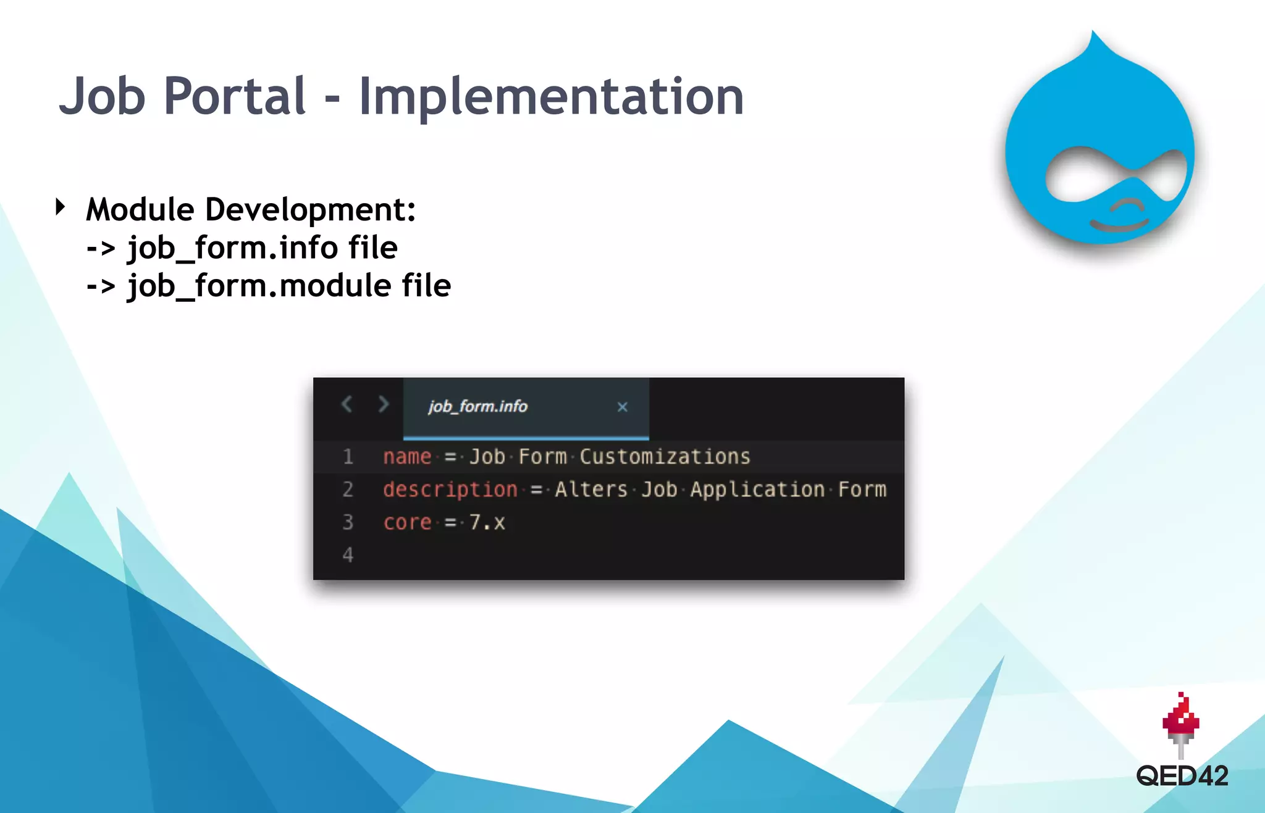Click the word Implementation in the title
(551, 96)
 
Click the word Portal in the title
(235, 96)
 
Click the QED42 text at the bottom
(1182, 776)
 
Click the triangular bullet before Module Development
(60, 207)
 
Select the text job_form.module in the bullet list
(259, 286)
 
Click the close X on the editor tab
(622, 407)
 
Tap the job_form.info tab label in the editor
(477, 406)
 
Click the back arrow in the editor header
(347, 404)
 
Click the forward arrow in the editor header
(383, 404)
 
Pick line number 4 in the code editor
(348, 555)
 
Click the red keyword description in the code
(450, 490)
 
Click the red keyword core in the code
(407, 522)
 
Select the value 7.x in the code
(487, 522)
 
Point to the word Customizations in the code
(665, 457)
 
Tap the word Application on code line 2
(757, 490)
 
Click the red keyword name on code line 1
(407, 457)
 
